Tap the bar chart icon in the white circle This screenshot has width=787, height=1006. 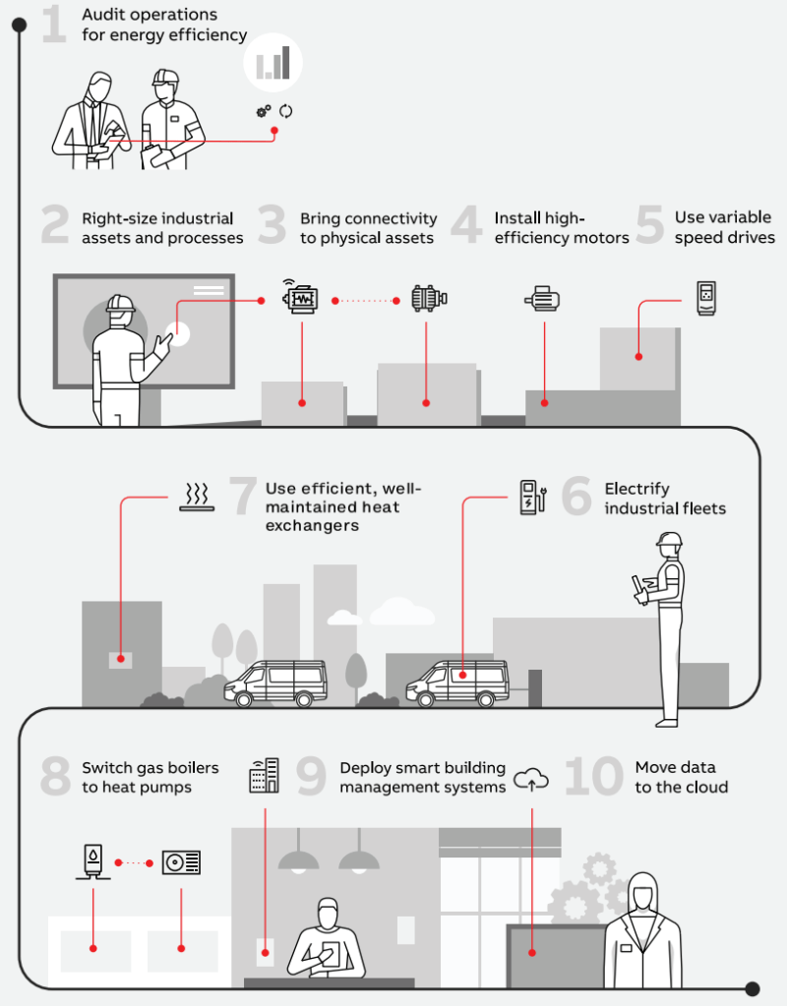[x=273, y=63]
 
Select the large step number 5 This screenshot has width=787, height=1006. [x=649, y=225]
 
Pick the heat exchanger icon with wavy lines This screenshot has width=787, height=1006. [x=198, y=499]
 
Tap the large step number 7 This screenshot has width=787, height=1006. [x=242, y=498]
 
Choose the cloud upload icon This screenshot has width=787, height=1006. [x=531, y=780]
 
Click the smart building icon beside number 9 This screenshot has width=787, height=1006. [x=264, y=776]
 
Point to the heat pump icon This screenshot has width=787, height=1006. [x=182, y=862]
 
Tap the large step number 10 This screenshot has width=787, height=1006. [x=593, y=777]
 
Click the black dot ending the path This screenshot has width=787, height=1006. [x=753, y=988]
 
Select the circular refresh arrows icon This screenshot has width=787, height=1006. [x=286, y=111]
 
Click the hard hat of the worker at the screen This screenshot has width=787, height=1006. [x=120, y=302]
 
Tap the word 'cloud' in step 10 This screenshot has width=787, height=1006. [x=706, y=788]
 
